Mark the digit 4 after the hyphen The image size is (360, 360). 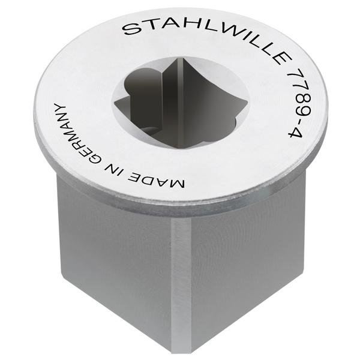[x=296, y=133]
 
